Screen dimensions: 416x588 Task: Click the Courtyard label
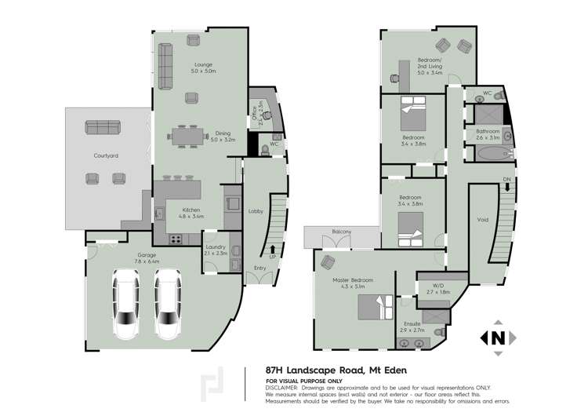[106, 156]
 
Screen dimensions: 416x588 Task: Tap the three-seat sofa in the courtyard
[102, 128]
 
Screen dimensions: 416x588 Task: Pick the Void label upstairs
[483, 220]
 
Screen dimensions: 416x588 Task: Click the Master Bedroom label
[353, 280]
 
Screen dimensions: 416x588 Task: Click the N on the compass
[497, 338]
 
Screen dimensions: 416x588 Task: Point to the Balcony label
[341, 232]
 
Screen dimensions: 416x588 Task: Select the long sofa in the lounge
[166, 67]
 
